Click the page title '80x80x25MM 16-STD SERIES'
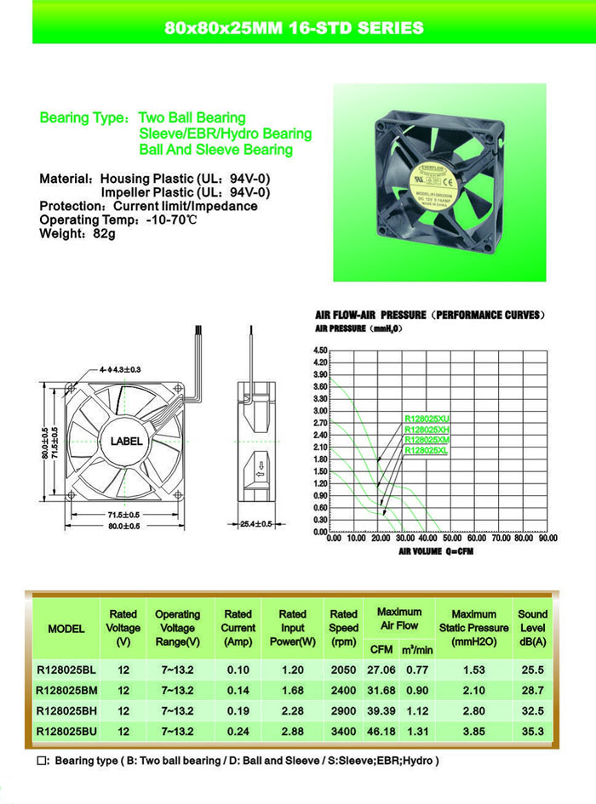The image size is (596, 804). coord(293,28)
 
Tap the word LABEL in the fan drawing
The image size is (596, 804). coord(126,442)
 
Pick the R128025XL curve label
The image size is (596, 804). coord(427,451)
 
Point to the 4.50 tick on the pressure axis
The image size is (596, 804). coord(321,351)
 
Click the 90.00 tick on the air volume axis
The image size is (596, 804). coord(547,539)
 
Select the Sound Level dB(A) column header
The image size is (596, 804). coord(533,627)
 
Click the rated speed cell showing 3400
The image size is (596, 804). coord(343,731)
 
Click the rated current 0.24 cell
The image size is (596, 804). coord(238,731)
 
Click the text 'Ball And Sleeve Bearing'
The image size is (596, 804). coord(216,150)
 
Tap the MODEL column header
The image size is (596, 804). coord(66,629)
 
